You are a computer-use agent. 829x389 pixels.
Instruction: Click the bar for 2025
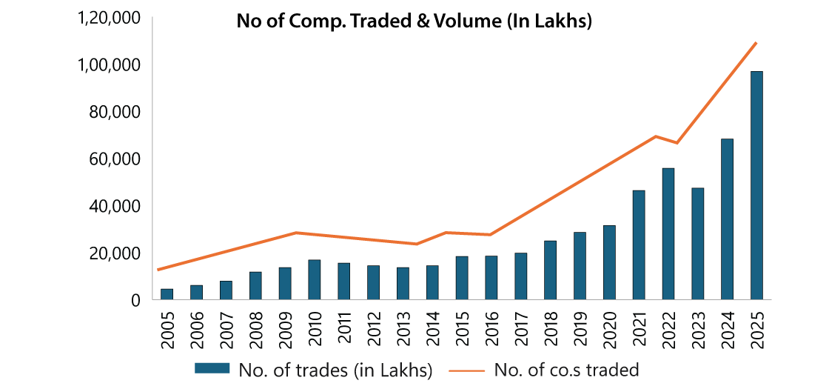tap(756, 185)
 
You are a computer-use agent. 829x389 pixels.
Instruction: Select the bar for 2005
tap(167, 294)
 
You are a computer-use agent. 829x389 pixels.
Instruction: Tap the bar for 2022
tap(668, 234)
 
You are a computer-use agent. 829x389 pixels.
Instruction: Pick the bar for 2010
tap(315, 280)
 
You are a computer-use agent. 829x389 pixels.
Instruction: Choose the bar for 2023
tap(698, 244)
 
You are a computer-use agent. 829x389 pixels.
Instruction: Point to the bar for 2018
tap(551, 270)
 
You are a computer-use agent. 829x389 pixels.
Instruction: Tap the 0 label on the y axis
tap(135, 300)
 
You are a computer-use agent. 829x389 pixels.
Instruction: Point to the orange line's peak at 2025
tap(756, 43)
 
